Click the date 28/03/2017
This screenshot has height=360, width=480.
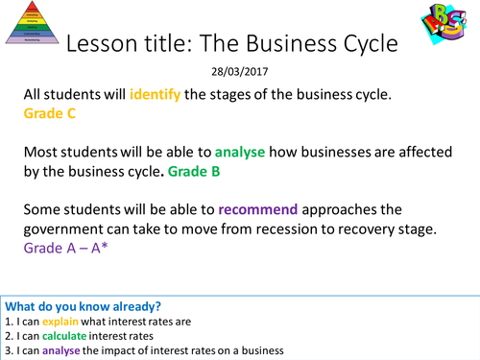point(239,71)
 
